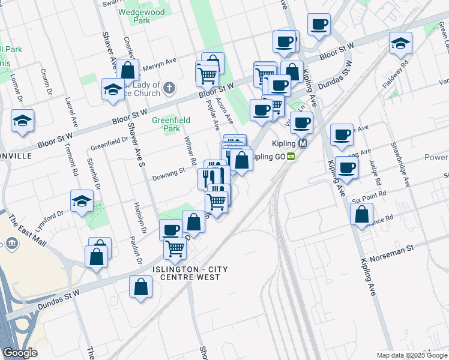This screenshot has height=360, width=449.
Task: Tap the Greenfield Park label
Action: point(170,124)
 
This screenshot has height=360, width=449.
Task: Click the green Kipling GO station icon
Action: point(291,157)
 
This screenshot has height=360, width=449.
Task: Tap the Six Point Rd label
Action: point(369,200)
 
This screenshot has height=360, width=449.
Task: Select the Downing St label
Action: point(168,174)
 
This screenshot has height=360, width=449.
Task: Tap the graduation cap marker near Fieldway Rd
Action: point(400,43)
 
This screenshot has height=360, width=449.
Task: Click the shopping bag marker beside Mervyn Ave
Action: point(128,70)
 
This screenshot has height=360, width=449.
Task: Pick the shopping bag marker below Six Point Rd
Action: point(361,215)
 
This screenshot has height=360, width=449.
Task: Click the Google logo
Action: point(20,353)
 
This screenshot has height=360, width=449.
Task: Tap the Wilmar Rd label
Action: point(190,151)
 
